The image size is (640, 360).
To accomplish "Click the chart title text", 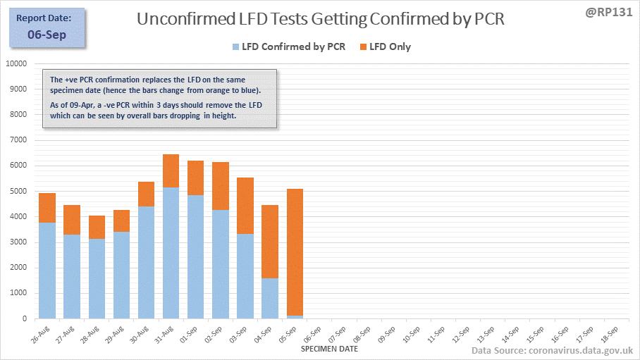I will click(x=320, y=19).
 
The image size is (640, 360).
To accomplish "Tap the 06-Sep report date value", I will click(x=47, y=35).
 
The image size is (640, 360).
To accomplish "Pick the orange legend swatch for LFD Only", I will click(x=364, y=47).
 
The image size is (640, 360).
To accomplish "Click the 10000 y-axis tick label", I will click(x=14, y=63).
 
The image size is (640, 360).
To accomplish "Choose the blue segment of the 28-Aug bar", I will click(x=97, y=278).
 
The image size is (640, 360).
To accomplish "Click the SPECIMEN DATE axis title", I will click(x=329, y=349).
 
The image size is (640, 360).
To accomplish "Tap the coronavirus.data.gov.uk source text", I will click(x=581, y=351).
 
